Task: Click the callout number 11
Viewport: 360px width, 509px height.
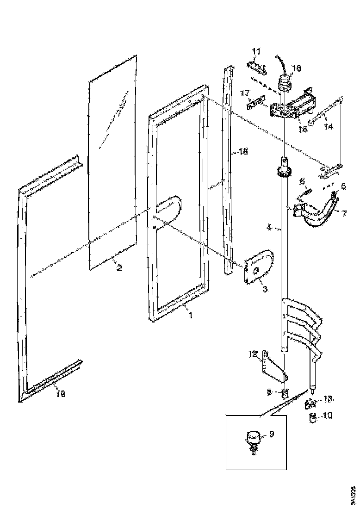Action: tap(256, 50)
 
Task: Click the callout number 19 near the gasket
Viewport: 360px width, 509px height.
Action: tap(61, 393)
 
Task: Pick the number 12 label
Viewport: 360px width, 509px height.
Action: tap(253, 354)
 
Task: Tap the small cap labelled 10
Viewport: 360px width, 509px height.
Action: tap(312, 419)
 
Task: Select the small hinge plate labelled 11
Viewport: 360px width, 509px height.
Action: tap(257, 68)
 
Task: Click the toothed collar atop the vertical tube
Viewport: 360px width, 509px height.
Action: tap(284, 173)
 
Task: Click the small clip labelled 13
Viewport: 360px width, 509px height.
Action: tap(310, 404)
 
